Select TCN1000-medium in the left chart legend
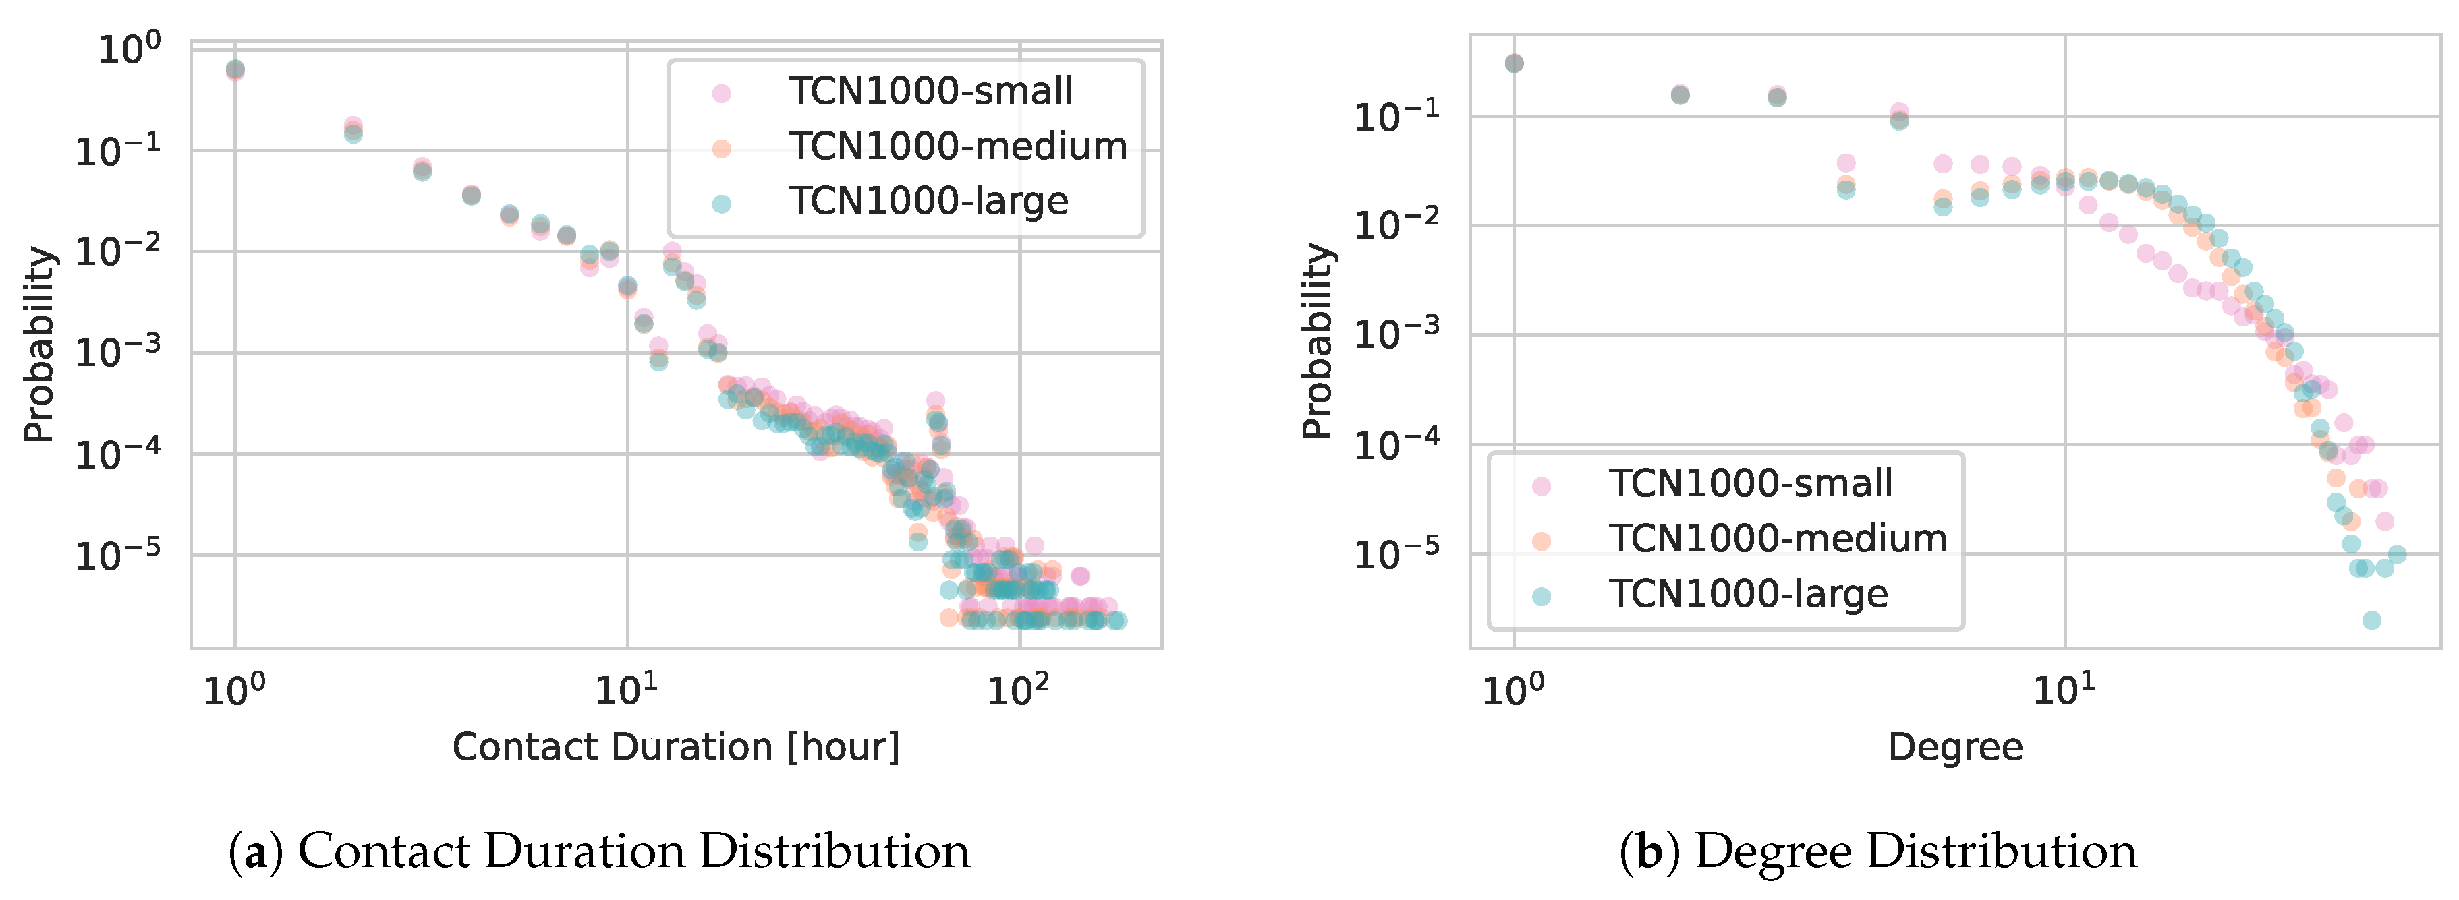(957, 147)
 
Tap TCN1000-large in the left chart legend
(927, 202)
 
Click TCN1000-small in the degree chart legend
(1750, 484)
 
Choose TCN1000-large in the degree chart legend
(1748, 595)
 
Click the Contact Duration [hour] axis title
(676, 747)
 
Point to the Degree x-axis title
(1955, 747)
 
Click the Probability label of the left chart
(39, 344)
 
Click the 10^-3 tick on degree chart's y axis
(1396, 334)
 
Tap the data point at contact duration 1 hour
(235, 69)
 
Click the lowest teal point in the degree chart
(2371, 620)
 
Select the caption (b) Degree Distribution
(1877, 851)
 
